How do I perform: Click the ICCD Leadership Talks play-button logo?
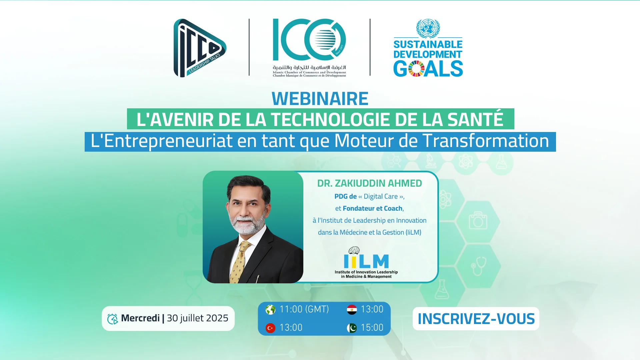[199, 48]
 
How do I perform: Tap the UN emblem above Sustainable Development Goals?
[428, 28]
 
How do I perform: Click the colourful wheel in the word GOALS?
[416, 69]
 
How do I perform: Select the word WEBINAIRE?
[320, 99]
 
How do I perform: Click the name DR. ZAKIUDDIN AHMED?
[369, 183]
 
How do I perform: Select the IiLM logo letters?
[366, 261]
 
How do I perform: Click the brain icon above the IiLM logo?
[354, 250]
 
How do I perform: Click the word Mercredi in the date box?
[140, 318]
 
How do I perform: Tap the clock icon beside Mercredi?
[113, 319]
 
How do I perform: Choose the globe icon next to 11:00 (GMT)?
[270, 310]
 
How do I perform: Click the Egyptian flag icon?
[352, 310]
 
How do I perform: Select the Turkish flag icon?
[270, 328]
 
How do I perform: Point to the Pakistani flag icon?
[352, 328]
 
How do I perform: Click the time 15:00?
[372, 328]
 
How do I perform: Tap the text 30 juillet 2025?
[198, 318]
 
